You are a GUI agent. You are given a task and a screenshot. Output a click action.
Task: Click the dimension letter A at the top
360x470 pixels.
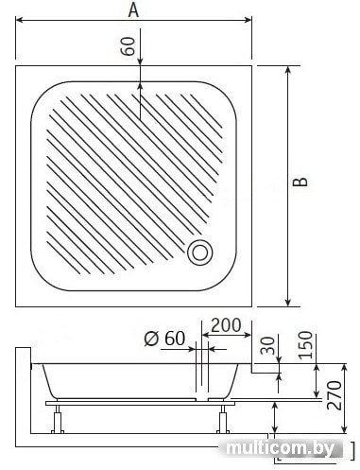click(133, 10)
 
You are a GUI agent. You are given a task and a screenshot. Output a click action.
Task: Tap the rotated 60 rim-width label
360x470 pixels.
click(129, 46)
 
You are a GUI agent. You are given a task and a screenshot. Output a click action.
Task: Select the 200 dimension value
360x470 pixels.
click(226, 325)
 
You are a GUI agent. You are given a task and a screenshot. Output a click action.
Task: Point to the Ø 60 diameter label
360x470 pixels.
click(164, 339)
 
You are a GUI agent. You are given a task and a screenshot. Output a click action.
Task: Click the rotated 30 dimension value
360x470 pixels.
click(268, 345)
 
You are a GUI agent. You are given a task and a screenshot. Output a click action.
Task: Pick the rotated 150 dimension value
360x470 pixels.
click(305, 345)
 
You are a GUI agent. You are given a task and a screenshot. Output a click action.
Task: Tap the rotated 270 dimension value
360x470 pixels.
click(334, 395)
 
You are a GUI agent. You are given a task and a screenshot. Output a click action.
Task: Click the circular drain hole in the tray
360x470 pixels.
click(200, 252)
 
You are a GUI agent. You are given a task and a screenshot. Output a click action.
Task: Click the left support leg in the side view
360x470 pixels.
click(58, 420)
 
